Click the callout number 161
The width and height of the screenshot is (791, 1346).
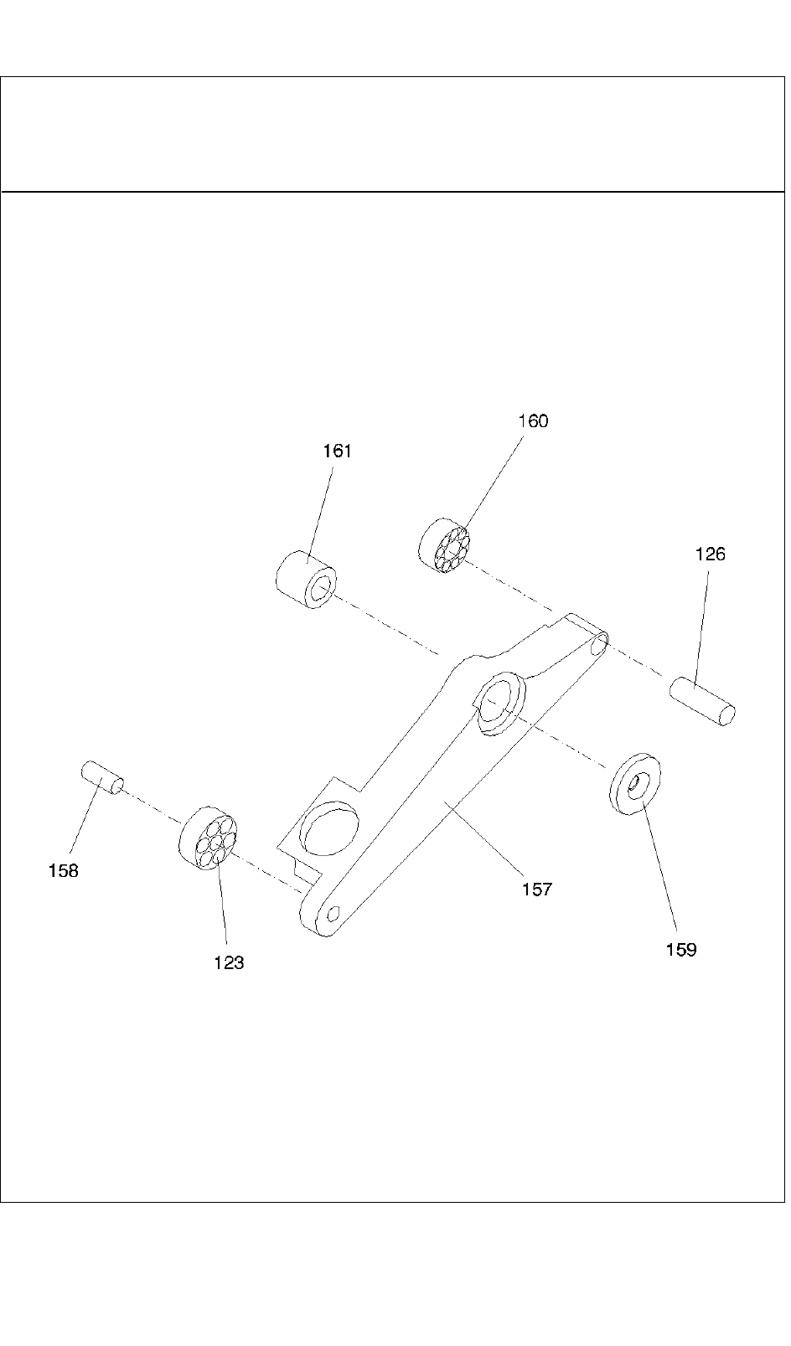[x=338, y=451]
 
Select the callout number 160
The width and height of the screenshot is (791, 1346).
[x=533, y=421]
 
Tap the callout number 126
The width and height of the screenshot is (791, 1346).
[x=710, y=554]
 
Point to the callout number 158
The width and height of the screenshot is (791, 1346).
[x=63, y=871]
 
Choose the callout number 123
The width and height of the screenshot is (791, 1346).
[x=229, y=963]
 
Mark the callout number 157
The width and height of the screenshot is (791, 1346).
[x=537, y=890]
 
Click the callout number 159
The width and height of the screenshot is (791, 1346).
[x=681, y=950]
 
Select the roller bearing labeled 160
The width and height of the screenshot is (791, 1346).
[x=445, y=548]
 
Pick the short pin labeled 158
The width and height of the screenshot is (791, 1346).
[x=102, y=776]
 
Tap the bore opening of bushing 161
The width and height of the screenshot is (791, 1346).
[x=319, y=591]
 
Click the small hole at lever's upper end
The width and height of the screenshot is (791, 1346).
[x=598, y=645]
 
